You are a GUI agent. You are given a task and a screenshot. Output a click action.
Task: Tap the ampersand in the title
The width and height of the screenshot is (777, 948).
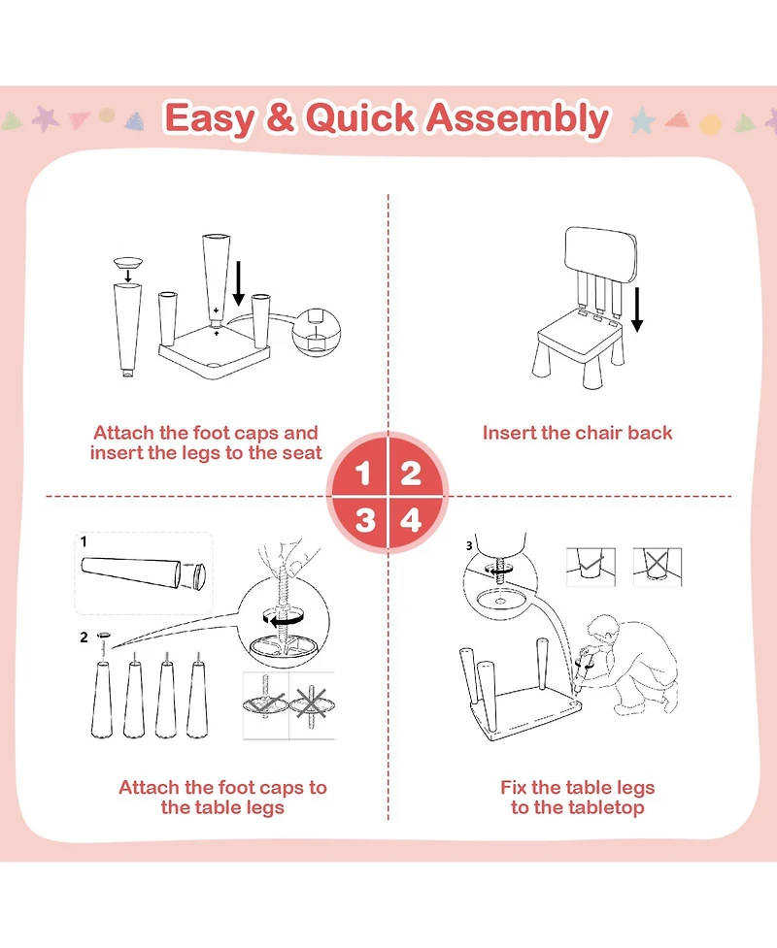coord(281,119)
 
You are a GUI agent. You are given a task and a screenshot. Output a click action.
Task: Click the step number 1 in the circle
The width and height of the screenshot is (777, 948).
coord(364,474)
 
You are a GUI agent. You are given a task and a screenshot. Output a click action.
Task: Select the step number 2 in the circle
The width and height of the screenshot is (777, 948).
coord(411,474)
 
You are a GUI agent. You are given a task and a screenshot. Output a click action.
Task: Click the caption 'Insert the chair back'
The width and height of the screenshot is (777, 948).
coord(577,433)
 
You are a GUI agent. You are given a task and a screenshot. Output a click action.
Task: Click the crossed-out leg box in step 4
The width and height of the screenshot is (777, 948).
coord(657,566)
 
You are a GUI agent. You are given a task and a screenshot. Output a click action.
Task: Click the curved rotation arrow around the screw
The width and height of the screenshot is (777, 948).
coord(285,616)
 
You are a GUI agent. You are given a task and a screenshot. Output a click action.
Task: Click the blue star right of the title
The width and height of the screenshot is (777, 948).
coord(642,120)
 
